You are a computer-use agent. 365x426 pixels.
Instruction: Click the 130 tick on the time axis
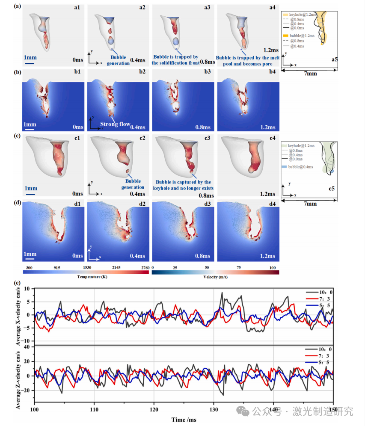click(x=214, y=409)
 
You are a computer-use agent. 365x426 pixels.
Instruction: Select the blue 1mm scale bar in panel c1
click(x=31, y=195)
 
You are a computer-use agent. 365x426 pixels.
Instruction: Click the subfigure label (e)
click(x=18, y=283)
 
